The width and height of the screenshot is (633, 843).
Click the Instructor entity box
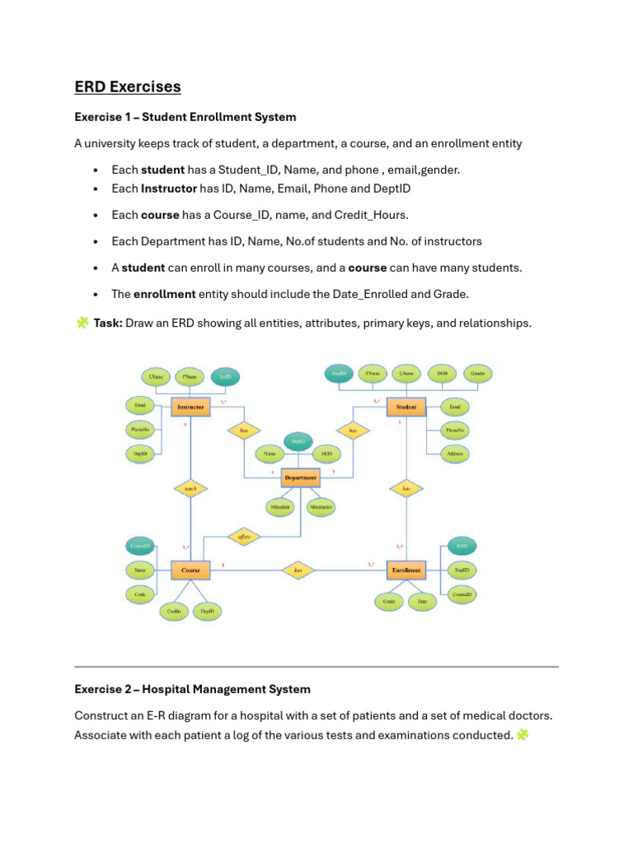(191, 406)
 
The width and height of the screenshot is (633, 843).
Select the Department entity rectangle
(300, 477)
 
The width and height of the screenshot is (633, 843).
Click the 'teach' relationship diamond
(190, 488)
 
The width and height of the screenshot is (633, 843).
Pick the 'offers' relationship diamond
(245, 537)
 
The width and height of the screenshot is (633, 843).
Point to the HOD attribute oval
(326, 454)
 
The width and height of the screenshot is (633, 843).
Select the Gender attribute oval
(477, 374)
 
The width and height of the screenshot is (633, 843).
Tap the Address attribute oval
(454, 453)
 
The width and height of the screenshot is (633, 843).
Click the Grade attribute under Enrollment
(390, 602)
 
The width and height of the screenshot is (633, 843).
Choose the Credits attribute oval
(173, 611)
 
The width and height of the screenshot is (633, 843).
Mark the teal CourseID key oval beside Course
(140, 546)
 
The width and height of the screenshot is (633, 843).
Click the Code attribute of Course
(140, 593)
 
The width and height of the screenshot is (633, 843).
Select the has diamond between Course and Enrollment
(298, 569)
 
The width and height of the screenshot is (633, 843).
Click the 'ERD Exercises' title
(128, 86)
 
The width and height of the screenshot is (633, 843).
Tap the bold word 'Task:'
(108, 324)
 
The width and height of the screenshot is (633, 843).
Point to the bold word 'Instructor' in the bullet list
(168, 189)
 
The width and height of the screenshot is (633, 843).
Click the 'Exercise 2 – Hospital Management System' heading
(192, 689)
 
